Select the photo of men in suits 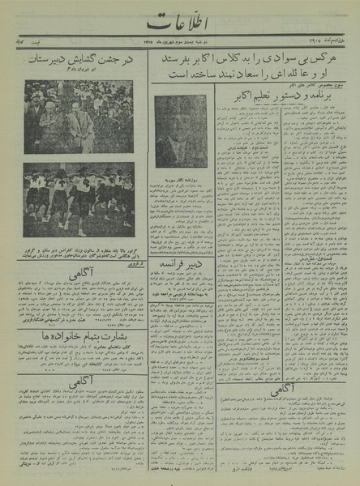click(79, 117)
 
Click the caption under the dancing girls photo click(79, 249)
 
